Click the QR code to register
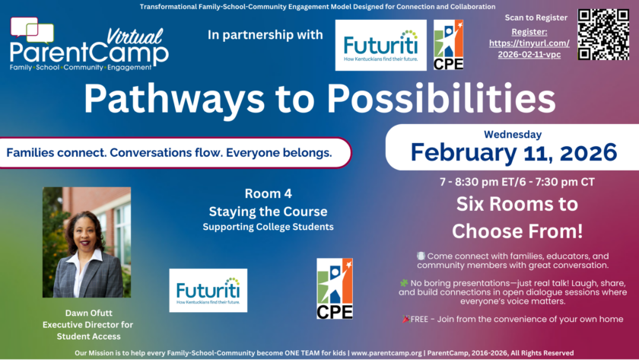click(x=603, y=35)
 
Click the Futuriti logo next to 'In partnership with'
click(x=380, y=45)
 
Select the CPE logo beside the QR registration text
click(x=448, y=45)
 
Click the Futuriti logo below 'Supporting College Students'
click(x=208, y=290)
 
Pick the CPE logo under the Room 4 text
click(x=335, y=288)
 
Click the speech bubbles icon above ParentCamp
click(x=32, y=30)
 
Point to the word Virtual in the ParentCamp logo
click(x=135, y=37)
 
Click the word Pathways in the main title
click(x=174, y=99)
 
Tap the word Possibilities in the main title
click(x=441, y=98)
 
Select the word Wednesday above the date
click(x=513, y=135)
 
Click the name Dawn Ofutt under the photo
click(x=88, y=313)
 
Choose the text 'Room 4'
click(x=268, y=193)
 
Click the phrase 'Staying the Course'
click(x=268, y=212)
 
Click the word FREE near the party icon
click(x=419, y=319)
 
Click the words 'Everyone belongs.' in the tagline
click(x=278, y=153)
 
